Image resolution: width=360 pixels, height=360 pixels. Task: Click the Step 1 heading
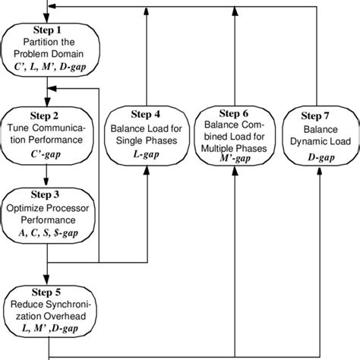coord(49,30)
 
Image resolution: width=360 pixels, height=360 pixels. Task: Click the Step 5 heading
coord(49,292)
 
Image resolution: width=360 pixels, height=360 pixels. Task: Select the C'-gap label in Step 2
coord(49,154)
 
